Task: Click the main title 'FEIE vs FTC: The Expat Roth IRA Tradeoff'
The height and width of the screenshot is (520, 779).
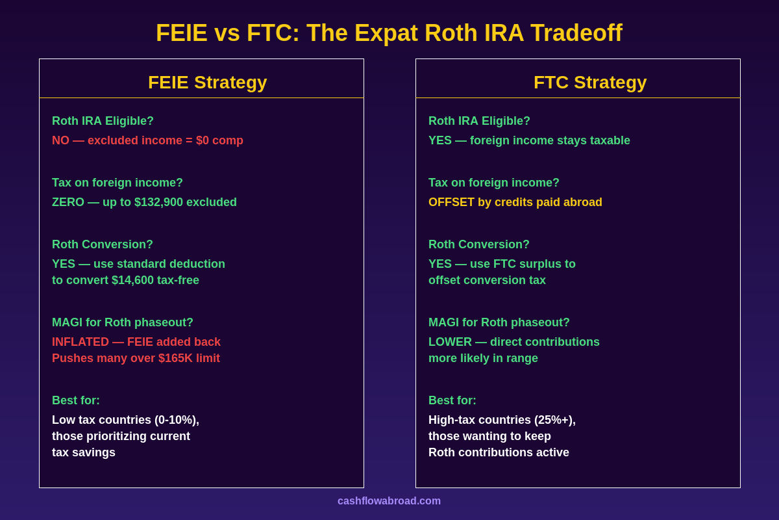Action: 389,33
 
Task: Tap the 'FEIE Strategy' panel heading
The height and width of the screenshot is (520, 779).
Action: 207,83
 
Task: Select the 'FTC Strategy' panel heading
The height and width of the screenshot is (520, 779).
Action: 589,83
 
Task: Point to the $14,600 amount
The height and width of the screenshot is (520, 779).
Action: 132,280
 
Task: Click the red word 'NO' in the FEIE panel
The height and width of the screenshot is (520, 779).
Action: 60,140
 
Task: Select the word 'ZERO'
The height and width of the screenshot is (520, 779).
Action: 68,202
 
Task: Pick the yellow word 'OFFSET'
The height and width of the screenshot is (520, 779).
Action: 451,202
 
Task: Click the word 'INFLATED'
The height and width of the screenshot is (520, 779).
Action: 80,342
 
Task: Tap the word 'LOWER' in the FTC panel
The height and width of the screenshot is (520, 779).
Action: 450,342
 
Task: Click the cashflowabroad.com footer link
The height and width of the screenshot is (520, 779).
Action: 389,501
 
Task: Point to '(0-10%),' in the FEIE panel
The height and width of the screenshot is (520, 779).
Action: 177,420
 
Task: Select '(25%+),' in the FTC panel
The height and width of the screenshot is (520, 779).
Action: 552,420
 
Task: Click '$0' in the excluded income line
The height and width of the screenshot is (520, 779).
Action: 204,140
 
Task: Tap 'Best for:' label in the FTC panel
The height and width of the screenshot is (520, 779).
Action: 452,400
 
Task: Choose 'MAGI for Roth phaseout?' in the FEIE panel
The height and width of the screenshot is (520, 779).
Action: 123,322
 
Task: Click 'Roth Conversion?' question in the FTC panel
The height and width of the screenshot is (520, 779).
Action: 478,244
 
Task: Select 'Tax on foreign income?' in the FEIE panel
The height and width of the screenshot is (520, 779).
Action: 117,183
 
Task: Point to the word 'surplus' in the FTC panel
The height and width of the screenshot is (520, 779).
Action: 541,264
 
